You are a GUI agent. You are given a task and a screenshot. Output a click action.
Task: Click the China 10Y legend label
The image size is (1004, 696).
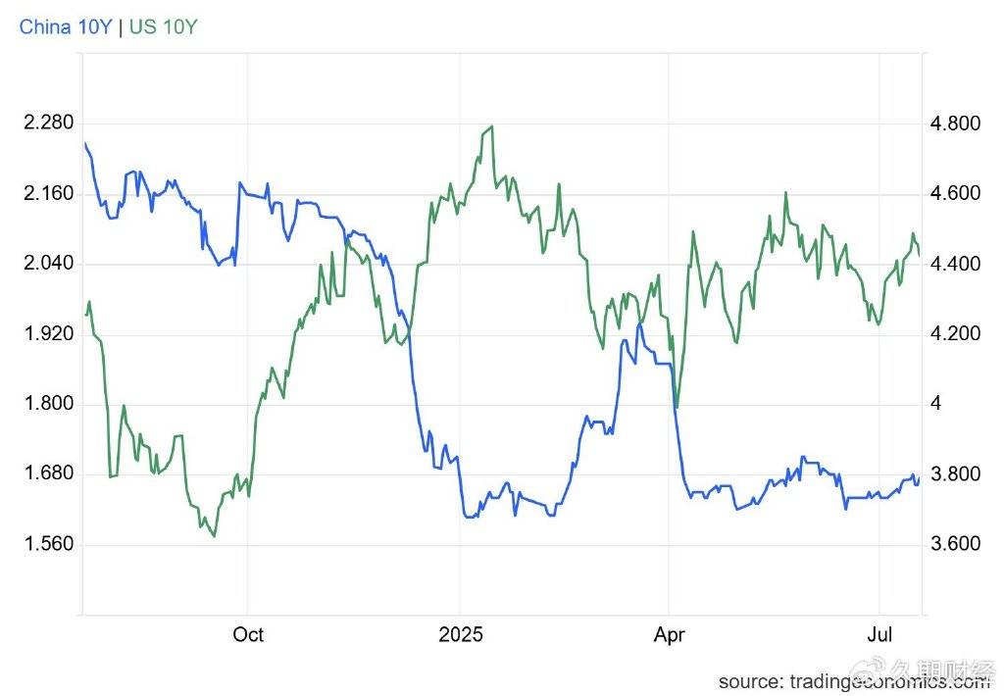tap(65, 26)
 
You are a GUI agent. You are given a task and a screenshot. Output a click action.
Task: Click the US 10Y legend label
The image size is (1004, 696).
tap(163, 26)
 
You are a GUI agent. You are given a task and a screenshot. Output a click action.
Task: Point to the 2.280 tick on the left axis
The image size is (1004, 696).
tap(48, 124)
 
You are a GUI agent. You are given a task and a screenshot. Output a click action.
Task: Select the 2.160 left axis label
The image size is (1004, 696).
tap(48, 193)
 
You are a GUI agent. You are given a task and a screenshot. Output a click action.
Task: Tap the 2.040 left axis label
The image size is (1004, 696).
tap(48, 264)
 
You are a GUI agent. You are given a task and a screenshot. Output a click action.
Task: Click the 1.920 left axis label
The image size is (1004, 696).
tap(48, 333)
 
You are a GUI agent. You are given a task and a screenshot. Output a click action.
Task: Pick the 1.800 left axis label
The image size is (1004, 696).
tap(48, 404)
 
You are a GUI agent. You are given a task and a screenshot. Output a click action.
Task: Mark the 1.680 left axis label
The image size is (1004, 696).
tap(48, 473)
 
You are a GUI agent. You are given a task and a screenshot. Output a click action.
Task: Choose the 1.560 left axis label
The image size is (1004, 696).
tap(48, 544)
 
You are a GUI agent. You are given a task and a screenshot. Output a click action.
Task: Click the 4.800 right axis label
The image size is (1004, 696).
tap(954, 124)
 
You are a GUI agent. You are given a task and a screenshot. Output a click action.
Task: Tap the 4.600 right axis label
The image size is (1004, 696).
tap(954, 193)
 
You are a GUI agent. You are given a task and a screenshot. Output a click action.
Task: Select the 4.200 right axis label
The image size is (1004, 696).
tap(954, 333)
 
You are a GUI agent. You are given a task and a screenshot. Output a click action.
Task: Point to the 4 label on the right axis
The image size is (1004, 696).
tap(934, 404)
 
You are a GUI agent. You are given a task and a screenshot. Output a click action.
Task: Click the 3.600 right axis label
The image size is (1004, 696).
tap(954, 544)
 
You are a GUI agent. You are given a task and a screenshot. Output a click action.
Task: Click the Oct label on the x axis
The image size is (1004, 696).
tap(248, 634)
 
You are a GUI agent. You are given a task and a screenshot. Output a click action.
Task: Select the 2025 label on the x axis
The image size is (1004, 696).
tap(461, 634)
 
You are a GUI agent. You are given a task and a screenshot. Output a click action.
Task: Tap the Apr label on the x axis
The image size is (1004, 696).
tap(669, 634)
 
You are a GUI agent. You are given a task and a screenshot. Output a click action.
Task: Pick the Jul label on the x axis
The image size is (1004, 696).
tap(879, 634)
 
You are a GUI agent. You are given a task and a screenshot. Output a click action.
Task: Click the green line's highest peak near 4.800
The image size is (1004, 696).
tap(490, 126)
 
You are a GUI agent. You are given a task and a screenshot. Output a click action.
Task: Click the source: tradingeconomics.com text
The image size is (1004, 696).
tap(853, 680)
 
